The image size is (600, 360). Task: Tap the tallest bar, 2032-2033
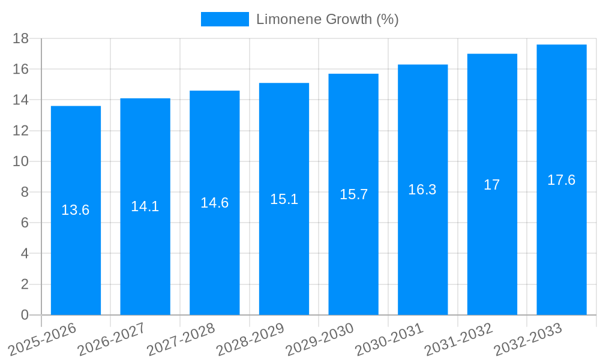click(562, 240)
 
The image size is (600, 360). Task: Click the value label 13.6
click(76, 210)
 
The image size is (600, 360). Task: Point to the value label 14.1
click(145, 206)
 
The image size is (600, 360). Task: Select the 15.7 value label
click(353, 194)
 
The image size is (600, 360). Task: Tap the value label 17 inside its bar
click(492, 185)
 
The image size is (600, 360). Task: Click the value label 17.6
click(562, 180)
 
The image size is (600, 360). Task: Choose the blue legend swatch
click(224, 19)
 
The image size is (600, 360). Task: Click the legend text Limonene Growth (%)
click(327, 19)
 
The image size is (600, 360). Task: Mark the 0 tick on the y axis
click(25, 315)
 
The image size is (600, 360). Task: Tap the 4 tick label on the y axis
click(25, 254)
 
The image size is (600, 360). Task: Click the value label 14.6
click(214, 203)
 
